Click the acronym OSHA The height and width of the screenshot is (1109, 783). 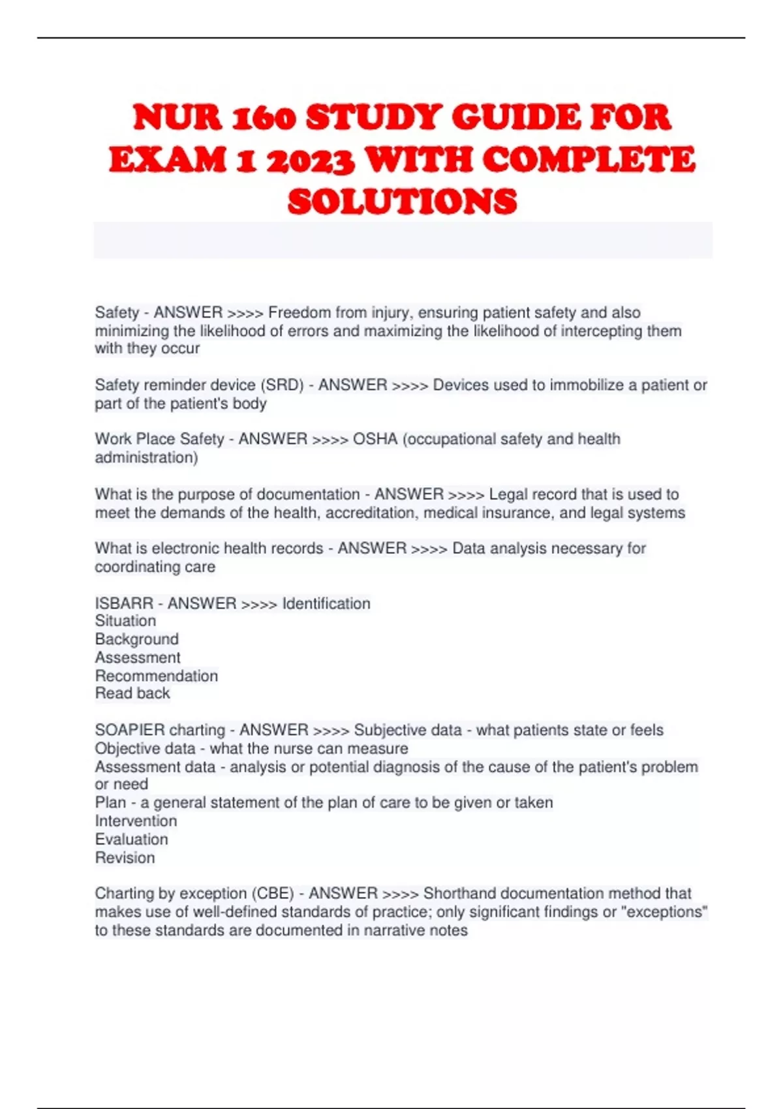[x=375, y=439]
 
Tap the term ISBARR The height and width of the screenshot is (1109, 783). [x=124, y=603]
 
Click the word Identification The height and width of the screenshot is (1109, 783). [x=326, y=603]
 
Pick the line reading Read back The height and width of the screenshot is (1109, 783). [x=132, y=693]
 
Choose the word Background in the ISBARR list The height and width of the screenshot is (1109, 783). [x=137, y=639]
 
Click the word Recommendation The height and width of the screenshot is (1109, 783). [x=157, y=676]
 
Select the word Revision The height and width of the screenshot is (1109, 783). [x=125, y=858]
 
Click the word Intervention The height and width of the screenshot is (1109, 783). [x=136, y=821]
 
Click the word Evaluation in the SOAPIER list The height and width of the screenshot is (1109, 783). [x=132, y=839]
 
